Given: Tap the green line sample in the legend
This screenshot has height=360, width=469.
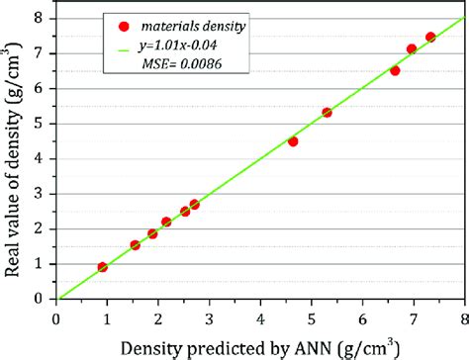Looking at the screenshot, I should (123, 45).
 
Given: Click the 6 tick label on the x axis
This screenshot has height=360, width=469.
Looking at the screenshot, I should (363, 317).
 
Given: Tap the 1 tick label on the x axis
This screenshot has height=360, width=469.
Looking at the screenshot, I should (108, 317).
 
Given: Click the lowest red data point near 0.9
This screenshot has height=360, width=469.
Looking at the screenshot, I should (103, 267).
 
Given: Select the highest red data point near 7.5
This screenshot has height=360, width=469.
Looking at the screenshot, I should (430, 38).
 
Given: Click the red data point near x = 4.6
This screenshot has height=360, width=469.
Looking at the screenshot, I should (293, 141).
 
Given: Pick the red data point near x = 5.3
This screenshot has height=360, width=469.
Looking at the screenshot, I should (328, 113).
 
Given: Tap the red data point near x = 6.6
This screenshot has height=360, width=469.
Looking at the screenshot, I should (395, 71).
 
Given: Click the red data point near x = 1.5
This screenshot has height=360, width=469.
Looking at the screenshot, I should (136, 245).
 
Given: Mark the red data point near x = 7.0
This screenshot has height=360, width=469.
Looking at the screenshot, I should (412, 49).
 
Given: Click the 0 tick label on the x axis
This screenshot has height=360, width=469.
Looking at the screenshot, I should (56, 317).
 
